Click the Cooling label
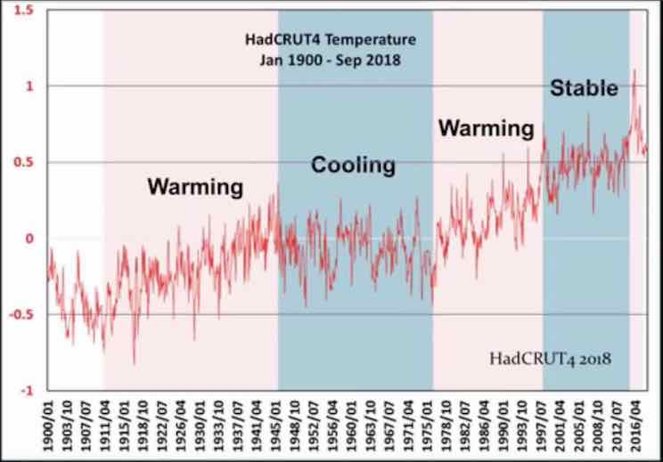[352, 165]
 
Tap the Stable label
[584, 88]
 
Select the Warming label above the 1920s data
[195, 187]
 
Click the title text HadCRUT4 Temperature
[330, 40]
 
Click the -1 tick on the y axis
[29, 391]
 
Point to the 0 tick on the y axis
[30, 239]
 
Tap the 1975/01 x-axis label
[433, 427]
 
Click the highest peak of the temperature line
[634, 70]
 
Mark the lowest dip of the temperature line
[134, 363]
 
